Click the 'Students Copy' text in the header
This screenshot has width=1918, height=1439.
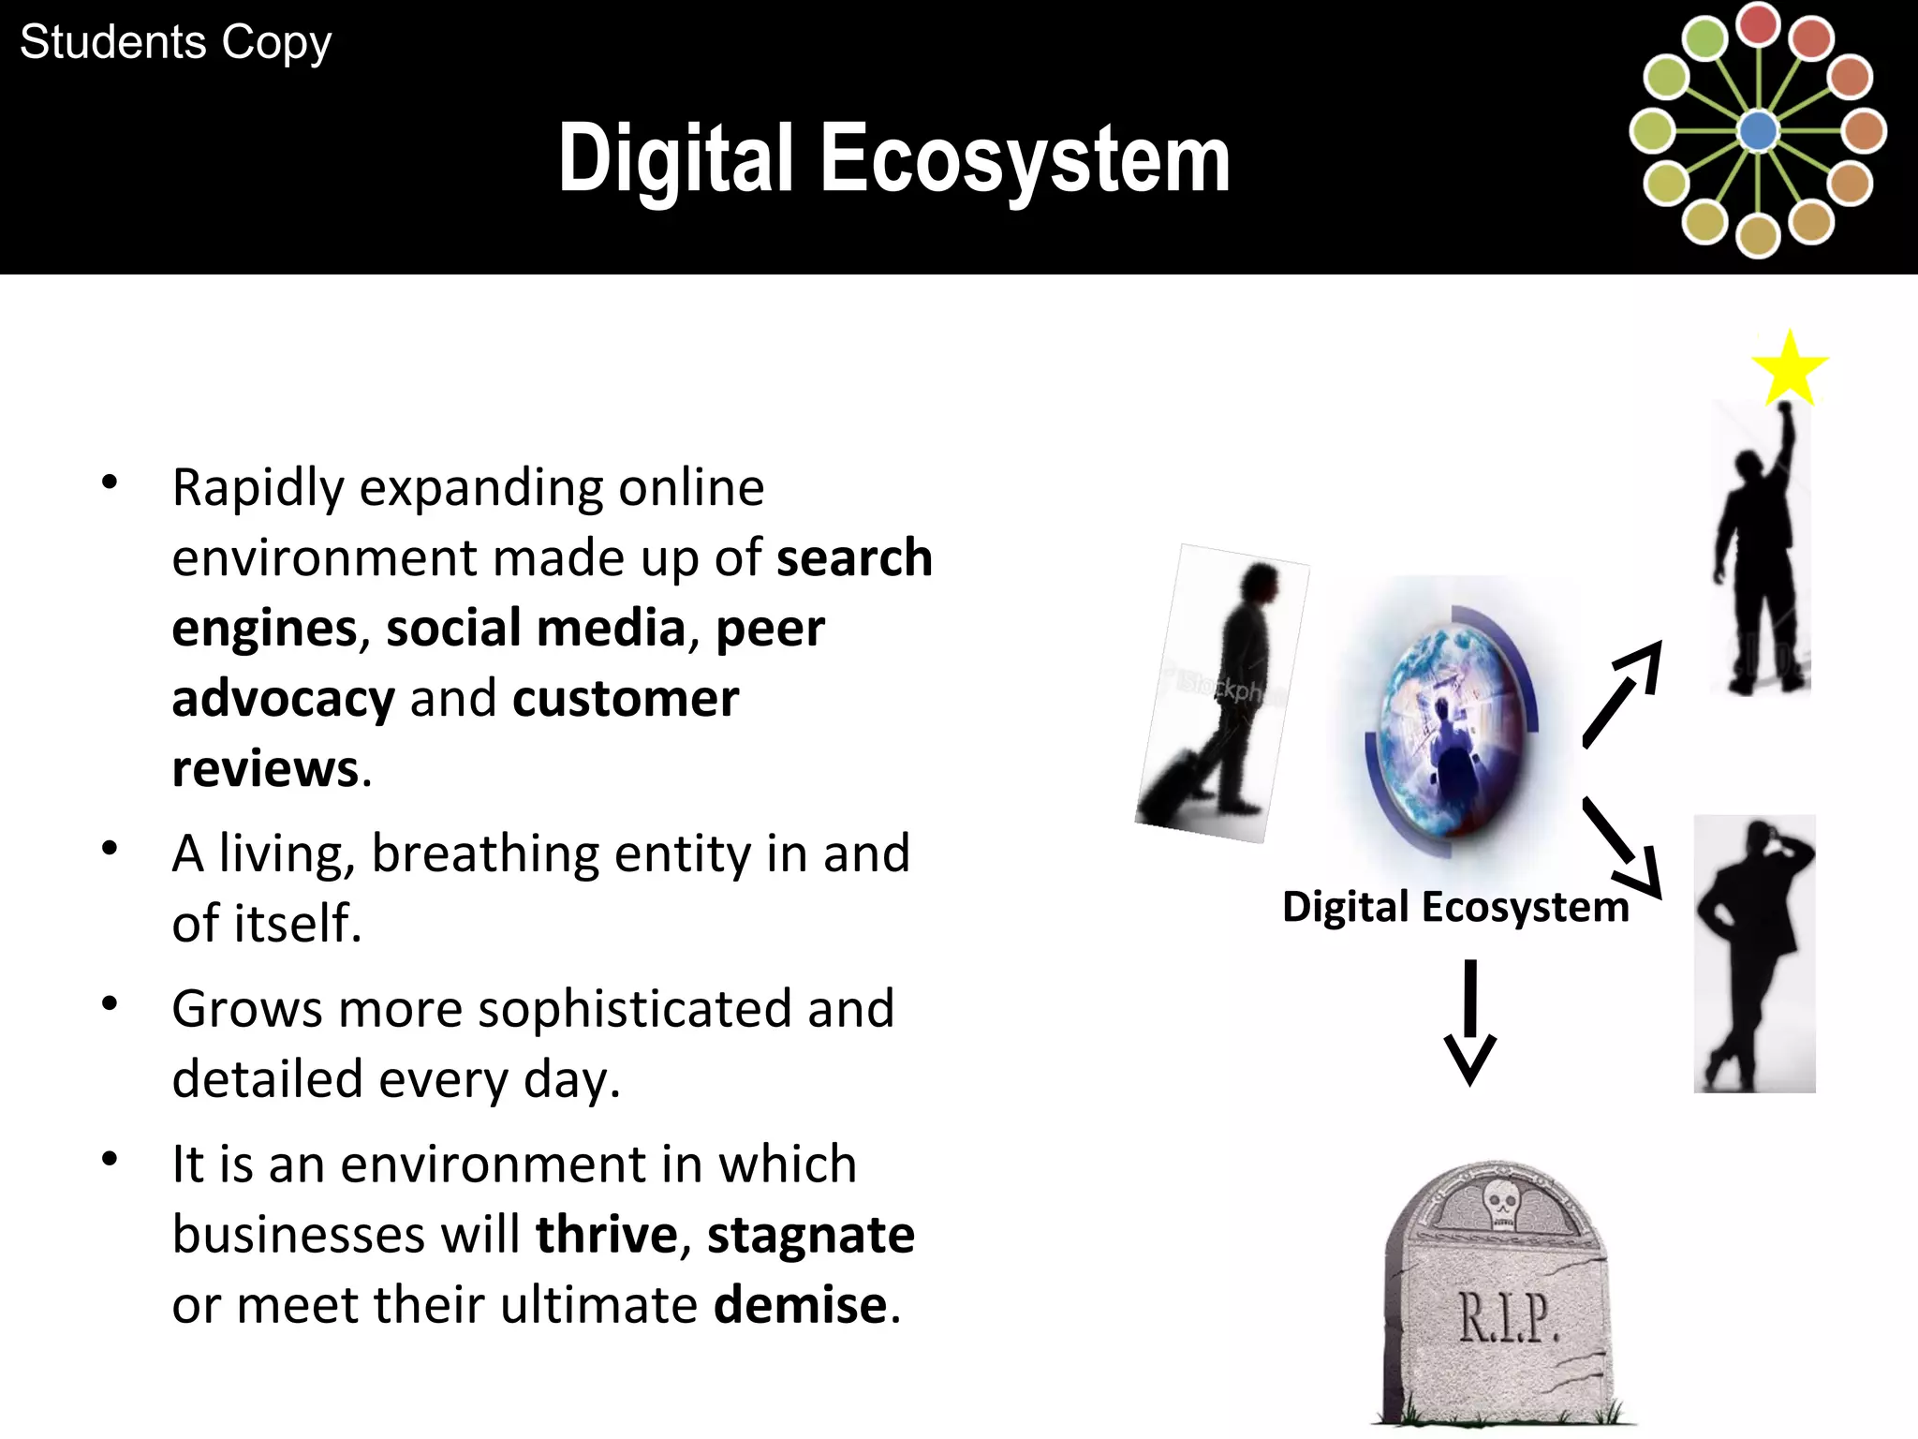175,43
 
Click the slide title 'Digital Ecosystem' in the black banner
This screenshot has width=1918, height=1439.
893,159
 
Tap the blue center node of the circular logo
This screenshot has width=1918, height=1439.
1758,131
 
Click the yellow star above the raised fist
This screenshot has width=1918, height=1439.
1789,368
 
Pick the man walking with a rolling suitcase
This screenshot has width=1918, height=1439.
1222,693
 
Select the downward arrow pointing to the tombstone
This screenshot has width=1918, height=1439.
1469,1021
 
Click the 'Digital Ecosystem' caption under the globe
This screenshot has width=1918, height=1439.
1455,907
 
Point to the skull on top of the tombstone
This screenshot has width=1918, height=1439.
1501,1204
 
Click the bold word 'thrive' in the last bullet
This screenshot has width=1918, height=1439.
607,1235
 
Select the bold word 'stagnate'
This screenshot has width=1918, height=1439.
810,1235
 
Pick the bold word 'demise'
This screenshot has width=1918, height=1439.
800,1305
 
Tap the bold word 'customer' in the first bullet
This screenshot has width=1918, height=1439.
626,699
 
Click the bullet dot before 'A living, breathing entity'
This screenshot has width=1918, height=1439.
111,849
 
